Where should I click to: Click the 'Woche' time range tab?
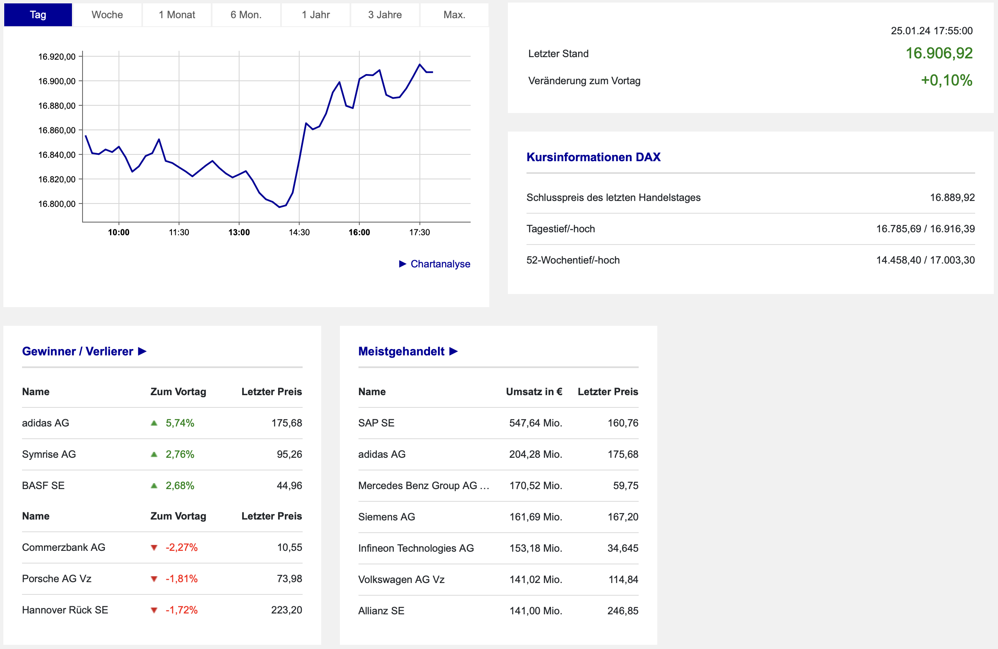[x=107, y=15]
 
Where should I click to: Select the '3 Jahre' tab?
[x=385, y=15]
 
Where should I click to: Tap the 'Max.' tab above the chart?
[x=454, y=15]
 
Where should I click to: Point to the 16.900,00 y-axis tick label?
[x=57, y=81]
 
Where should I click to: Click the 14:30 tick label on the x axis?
[x=299, y=232]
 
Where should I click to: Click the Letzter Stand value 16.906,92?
[x=939, y=53]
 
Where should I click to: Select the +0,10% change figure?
[x=947, y=80]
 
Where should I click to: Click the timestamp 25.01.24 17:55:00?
[x=932, y=31]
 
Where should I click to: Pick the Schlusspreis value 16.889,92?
[x=952, y=198]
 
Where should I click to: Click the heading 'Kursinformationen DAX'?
[x=593, y=157]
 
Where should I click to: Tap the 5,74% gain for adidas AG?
[x=180, y=423]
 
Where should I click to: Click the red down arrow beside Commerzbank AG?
[x=154, y=548]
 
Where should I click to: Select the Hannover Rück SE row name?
[x=65, y=610]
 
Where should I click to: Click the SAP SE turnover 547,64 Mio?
[x=536, y=423]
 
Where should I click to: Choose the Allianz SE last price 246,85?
[x=623, y=611]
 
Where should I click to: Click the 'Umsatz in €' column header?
[x=534, y=392]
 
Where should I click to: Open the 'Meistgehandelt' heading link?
[x=408, y=352]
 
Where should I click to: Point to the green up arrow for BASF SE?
[x=154, y=486]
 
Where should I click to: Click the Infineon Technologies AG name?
[x=416, y=548]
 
